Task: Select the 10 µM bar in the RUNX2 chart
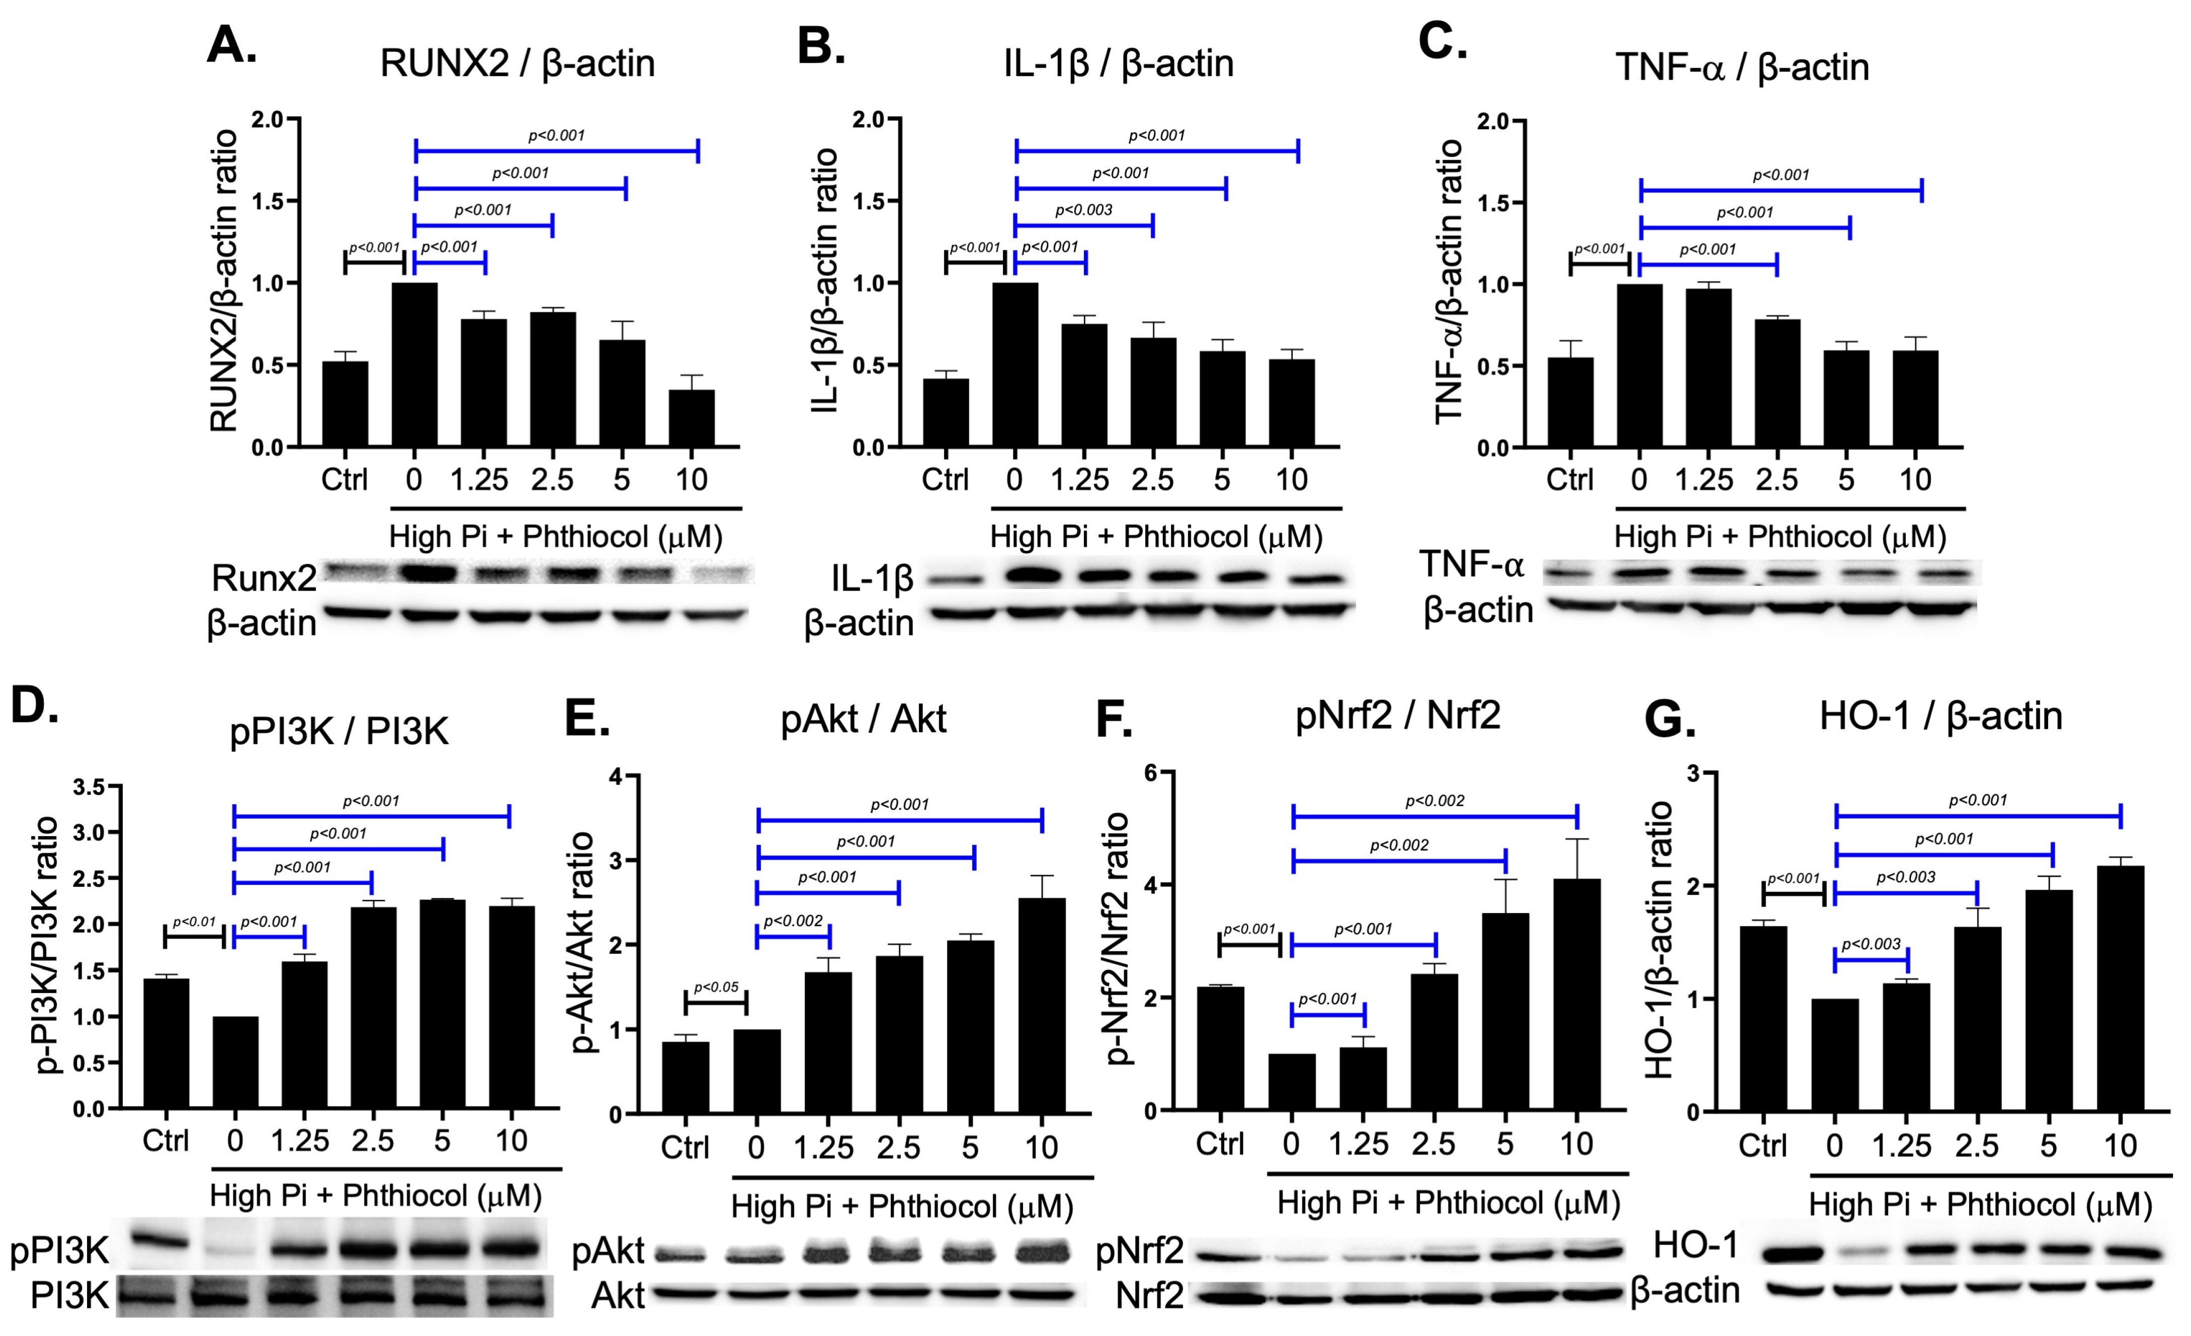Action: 691,418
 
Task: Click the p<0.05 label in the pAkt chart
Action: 716,987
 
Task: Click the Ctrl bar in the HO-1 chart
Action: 1762,1019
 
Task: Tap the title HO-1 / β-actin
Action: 1940,716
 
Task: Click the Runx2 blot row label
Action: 263,578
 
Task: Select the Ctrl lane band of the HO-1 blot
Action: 1764,1254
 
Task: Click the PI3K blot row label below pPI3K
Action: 69,1296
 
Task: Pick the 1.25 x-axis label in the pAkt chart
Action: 823,1147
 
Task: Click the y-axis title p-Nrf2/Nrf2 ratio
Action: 1117,939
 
